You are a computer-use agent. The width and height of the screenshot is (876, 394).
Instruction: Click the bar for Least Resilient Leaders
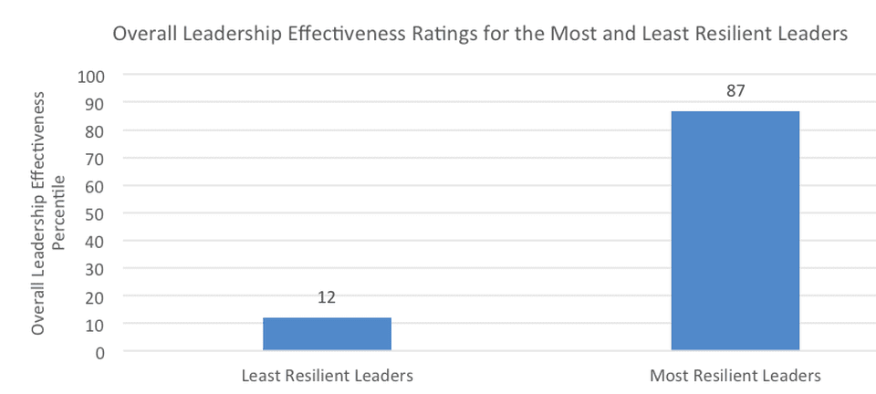coord(327,334)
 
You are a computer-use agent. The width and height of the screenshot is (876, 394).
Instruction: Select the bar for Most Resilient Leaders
coord(735,231)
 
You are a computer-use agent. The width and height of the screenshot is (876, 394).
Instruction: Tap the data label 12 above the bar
coord(327,297)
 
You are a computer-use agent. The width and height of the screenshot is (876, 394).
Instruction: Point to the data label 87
coord(735,91)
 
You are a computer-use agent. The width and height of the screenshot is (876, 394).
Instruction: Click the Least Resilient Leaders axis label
coord(327,376)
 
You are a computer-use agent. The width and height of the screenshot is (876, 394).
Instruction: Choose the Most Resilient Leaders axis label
coord(735,376)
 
